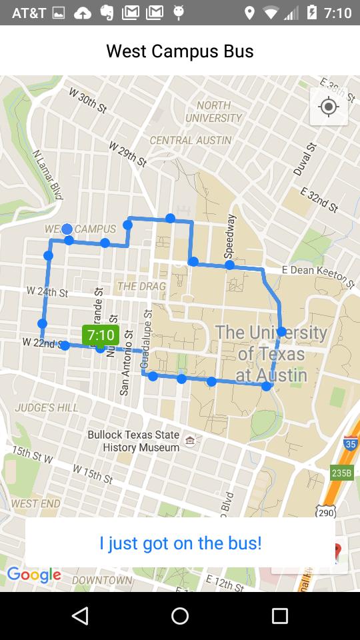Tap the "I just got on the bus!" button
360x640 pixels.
(x=180, y=543)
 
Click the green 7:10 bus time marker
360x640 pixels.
(x=101, y=335)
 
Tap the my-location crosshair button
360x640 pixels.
(x=329, y=107)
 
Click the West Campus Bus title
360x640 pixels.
(x=180, y=51)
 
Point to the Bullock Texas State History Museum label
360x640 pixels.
(x=134, y=441)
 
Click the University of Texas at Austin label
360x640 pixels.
(x=271, y=353)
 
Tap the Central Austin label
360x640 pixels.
(x=191, y=140)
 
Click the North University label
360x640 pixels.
(x=214, y=111)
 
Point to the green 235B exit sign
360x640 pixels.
(x=342, y=473)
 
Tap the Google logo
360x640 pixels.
(x=34, y=575)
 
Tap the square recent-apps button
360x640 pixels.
(x=280, y=615)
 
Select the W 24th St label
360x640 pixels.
(x=47, y=292)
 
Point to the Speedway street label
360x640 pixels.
(x=231, y=236)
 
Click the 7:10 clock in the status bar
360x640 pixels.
(x=338, y=13)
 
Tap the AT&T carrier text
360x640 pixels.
(x=29, y=13)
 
